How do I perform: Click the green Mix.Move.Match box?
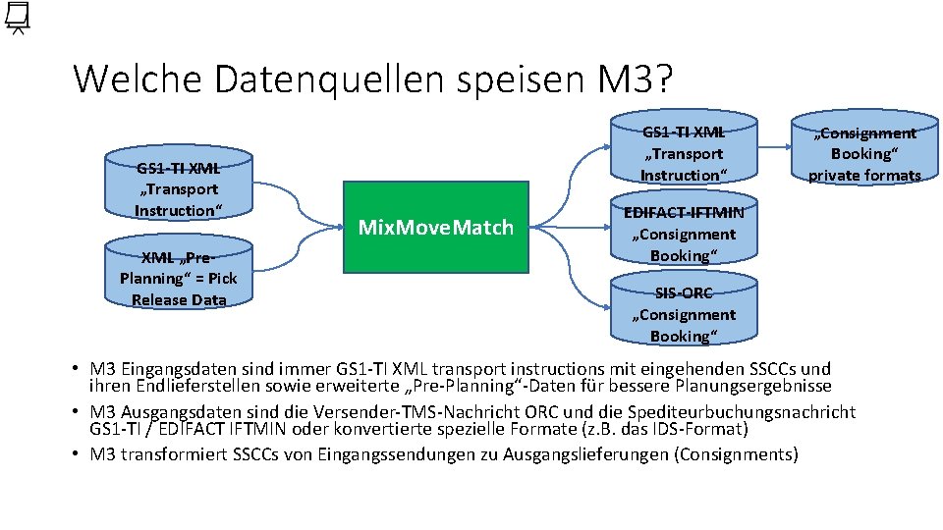pyautogui.click(x=436, y=228)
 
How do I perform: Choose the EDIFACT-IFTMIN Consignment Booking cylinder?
pyautogui.click(x=683, y=234)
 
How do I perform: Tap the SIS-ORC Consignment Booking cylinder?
pyautogui.click(x=683, y=312)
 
